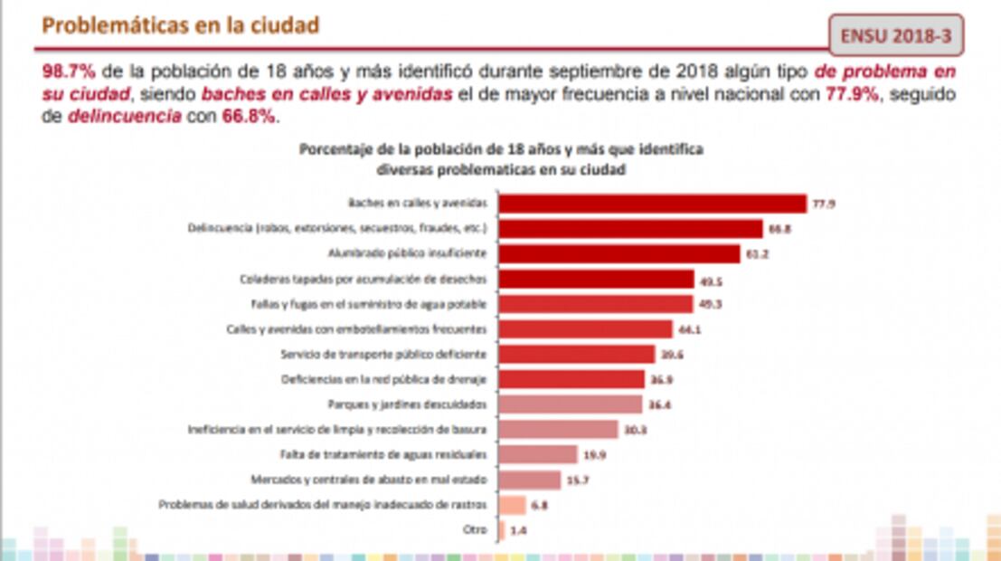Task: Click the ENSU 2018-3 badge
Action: coord(896,35)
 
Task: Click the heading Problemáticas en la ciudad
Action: coord(181,25)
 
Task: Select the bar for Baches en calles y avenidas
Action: coord(652,204)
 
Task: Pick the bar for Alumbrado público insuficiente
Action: coord(619,254)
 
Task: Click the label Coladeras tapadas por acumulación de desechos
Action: coord(364,279)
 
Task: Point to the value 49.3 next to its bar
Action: coord(711,304)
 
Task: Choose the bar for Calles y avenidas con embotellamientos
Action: coord(586,329)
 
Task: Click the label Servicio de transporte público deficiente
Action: coord(384,354)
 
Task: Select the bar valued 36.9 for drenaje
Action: coord(571,379)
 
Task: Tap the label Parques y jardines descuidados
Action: coord(408,404)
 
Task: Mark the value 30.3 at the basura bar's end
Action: coord(636,429)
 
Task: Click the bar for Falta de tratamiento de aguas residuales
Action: coord(538,454)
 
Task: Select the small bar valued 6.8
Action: coord(512,505)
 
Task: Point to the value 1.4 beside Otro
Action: coord(518,530)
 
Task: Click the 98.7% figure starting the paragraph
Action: coord(67,71)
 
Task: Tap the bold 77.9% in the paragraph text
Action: coord(852,94)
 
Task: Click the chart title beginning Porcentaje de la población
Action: coord(501,150)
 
